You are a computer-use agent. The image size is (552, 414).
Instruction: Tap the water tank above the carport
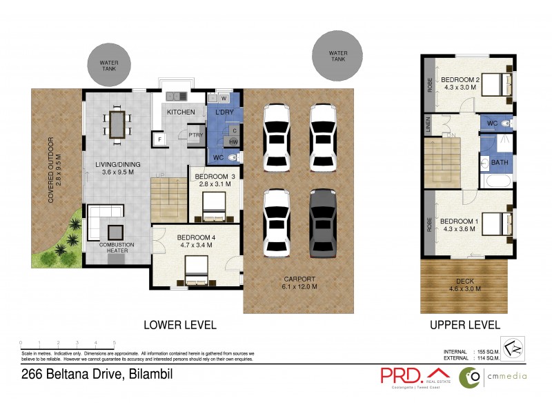(337, 55)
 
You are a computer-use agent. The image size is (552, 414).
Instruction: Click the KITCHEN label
(181, 112)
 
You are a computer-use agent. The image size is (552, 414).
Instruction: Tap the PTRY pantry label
(196, 135)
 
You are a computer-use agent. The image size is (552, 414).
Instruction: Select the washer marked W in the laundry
(223, 99)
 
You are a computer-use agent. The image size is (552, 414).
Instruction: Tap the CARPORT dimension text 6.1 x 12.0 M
(299, 286)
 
